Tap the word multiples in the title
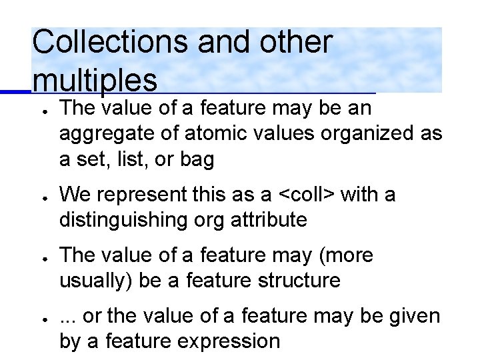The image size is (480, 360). coord(94,80)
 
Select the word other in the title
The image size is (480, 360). coord(298,42)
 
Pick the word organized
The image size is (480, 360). coord(370,133)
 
